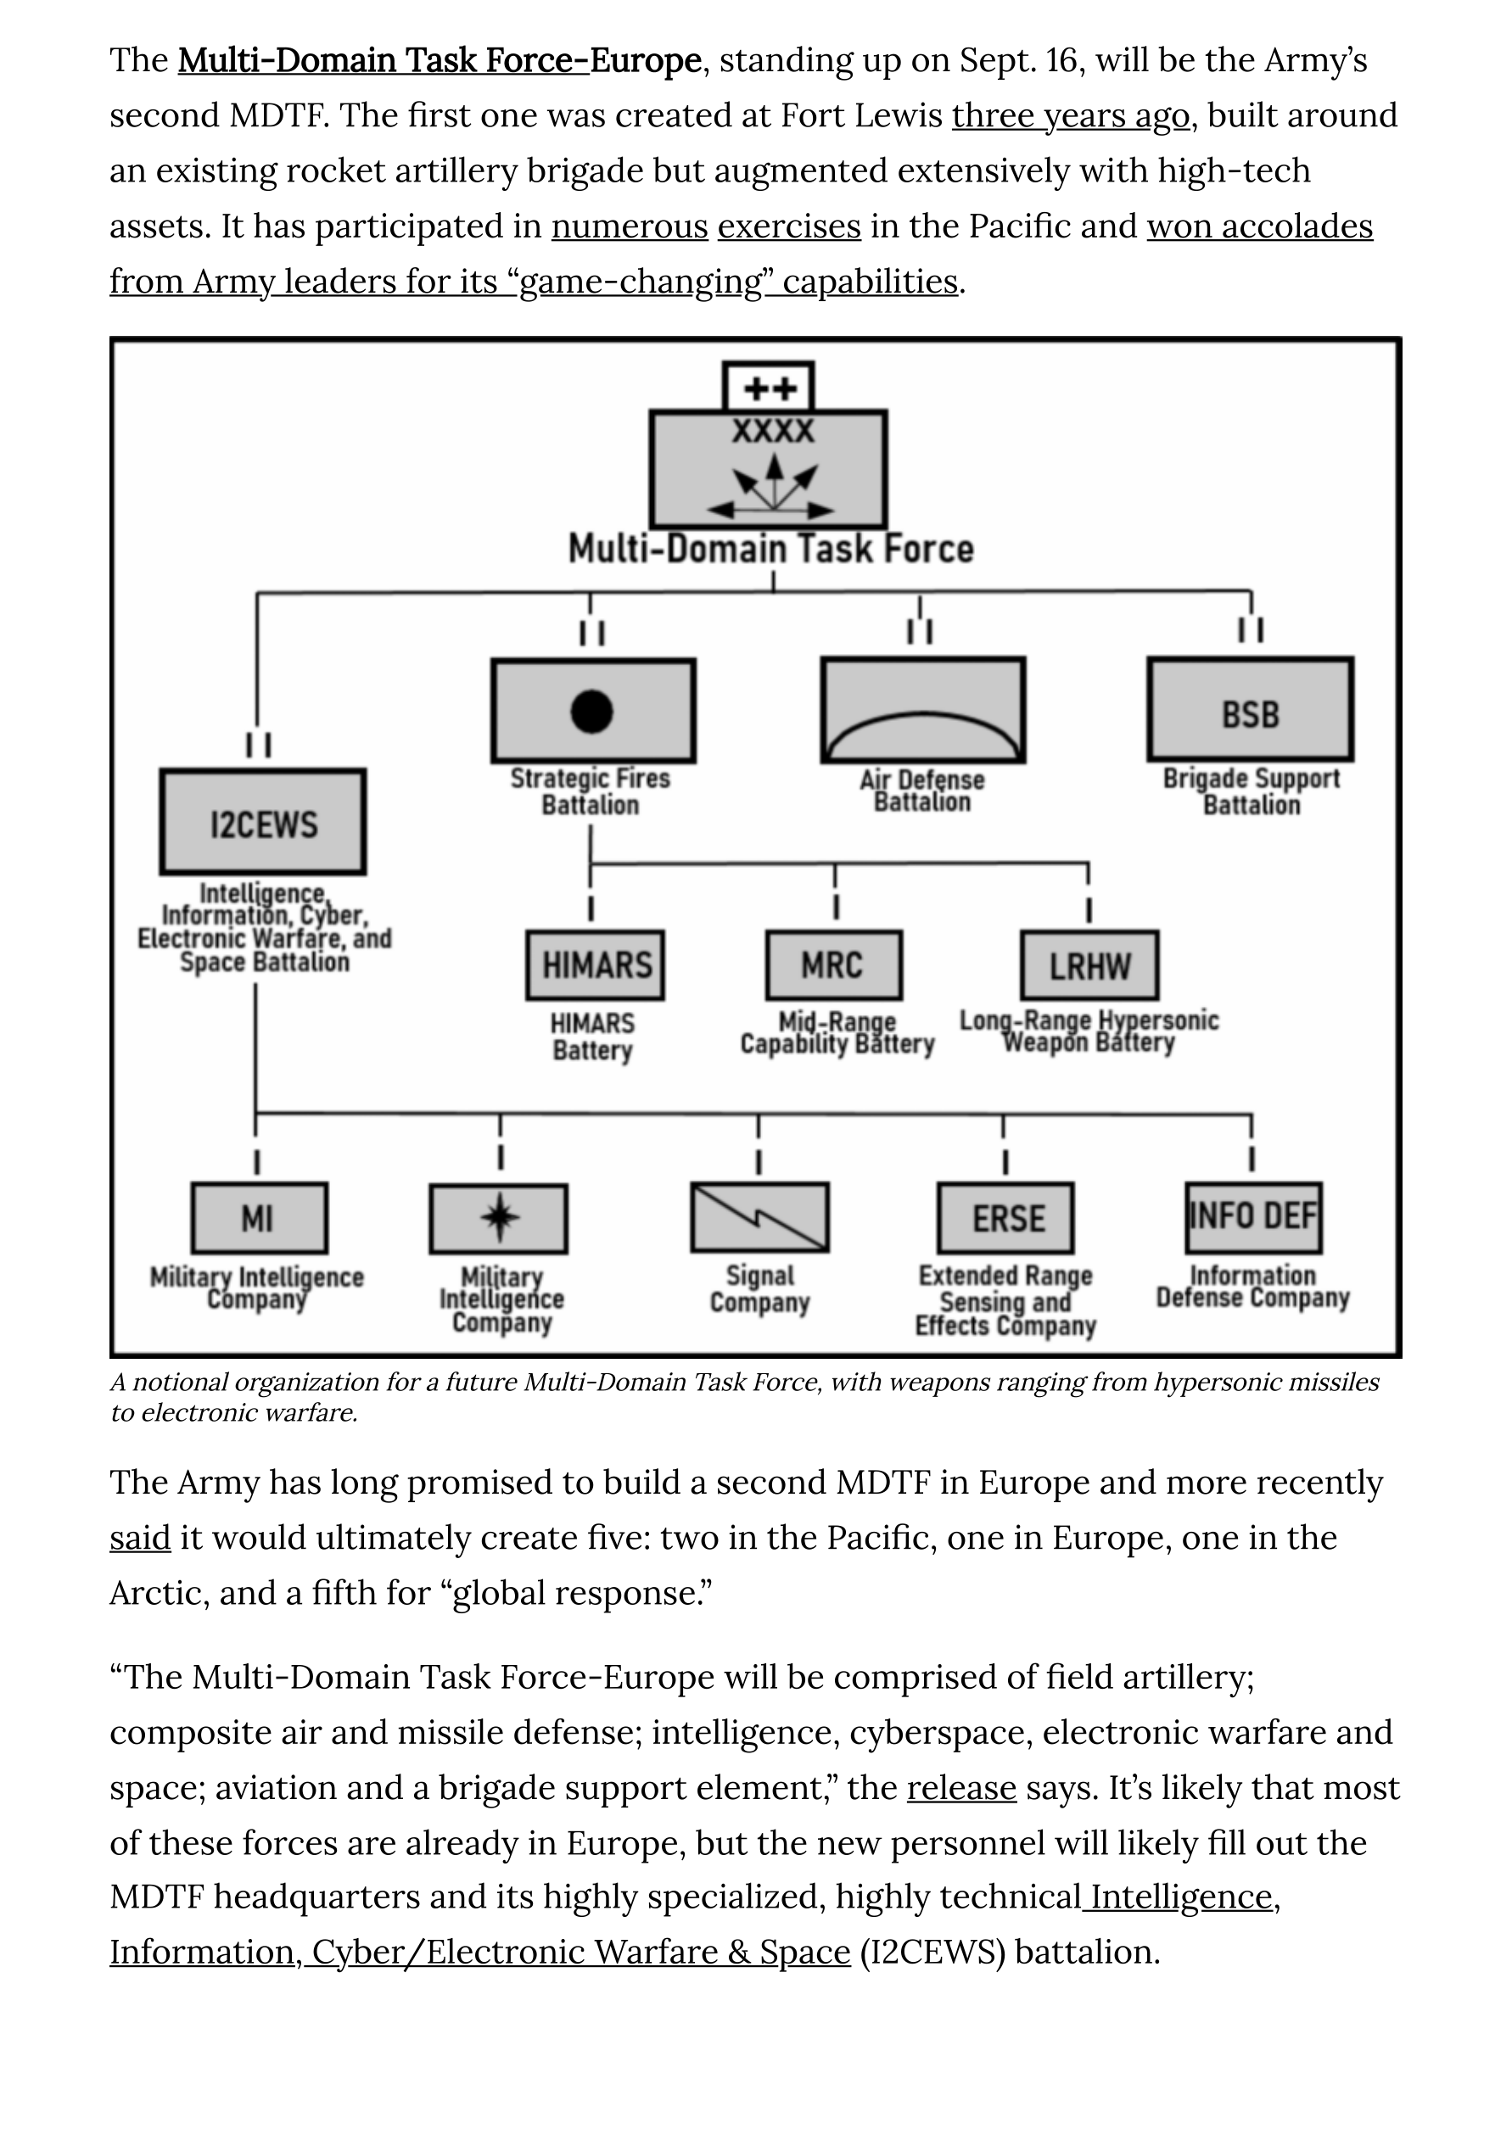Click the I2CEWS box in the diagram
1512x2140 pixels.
[x=263, y=822]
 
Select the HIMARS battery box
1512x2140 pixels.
[x=596, y=964]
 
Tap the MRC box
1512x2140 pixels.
[x=834, y=964]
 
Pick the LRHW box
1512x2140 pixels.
[x=1089, y=964]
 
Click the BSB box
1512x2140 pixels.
[x=1250, y=709]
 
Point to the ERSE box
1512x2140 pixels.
[x=1005, y=1218]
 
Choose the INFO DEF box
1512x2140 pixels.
[x=1254, y=1217]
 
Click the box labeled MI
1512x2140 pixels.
[x=259, y=1218]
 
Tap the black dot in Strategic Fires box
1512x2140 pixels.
[x=592, y=711]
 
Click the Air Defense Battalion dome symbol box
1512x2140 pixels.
[x=923, y=709]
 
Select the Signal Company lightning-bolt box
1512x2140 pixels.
[x=759, y=1218]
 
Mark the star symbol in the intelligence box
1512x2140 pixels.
[x=500, y=1217]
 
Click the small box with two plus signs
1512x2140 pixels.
[x=769, y=387]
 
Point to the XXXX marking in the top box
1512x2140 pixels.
[x=773, y=432]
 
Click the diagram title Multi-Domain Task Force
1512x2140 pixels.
[x=771, y=549]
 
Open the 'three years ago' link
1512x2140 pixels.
[x=1070, y=115]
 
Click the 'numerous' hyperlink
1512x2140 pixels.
[x=630, y=226]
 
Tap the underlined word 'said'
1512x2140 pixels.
[x=140, y=1538]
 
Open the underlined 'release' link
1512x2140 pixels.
[x=961, y=1788]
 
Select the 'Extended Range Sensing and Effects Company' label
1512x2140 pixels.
[x=1005, y=1300]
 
